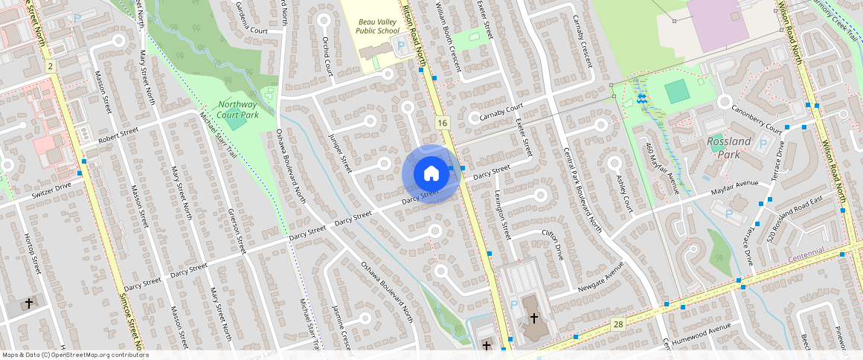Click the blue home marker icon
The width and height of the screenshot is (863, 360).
point(430,174)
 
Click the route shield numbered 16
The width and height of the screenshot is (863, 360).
point(442,122)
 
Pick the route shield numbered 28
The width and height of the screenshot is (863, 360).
point(617,324)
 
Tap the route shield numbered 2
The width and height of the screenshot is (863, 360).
point(50,67)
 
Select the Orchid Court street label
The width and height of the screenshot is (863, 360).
point(325,57)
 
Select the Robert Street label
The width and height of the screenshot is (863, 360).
point(119,133)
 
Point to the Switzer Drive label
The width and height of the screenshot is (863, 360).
point(51,190)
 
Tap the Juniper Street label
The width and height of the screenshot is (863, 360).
point(339,152)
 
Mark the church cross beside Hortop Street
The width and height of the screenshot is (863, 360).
point(29,303)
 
